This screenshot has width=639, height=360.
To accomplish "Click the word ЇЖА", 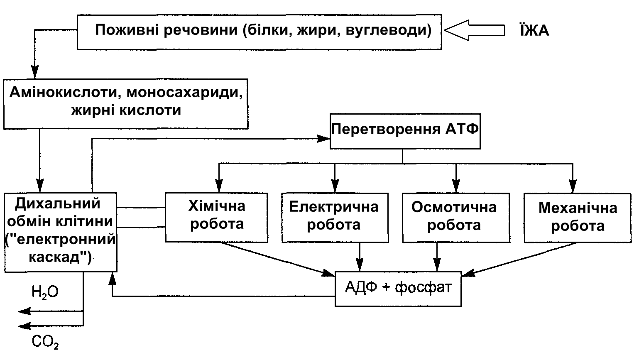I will (x=534, y=31).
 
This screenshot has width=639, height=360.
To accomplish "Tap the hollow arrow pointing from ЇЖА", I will (x=474, y=31).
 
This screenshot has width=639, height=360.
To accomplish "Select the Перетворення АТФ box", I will (x=405, y=131).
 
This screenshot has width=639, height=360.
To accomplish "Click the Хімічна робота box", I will (x=216, y=217).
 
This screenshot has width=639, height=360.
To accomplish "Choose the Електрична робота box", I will (x=334, y=217).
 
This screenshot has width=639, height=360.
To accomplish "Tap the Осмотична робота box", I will (x=455, y=217).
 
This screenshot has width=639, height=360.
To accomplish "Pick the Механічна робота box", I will (x=577, y=217).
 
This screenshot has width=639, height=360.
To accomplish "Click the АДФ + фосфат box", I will (x=398, y=289).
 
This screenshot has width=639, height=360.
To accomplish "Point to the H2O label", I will (x=45, y=292).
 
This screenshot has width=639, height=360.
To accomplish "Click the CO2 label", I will (x=45, y=342).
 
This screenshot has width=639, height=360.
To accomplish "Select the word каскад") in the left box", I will (x=60, y=257).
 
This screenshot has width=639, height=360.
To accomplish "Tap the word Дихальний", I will (x=58, y=203).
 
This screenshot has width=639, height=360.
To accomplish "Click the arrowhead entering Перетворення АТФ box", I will (x=324, y=139).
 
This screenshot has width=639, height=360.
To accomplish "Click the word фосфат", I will (x=423, y=287).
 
